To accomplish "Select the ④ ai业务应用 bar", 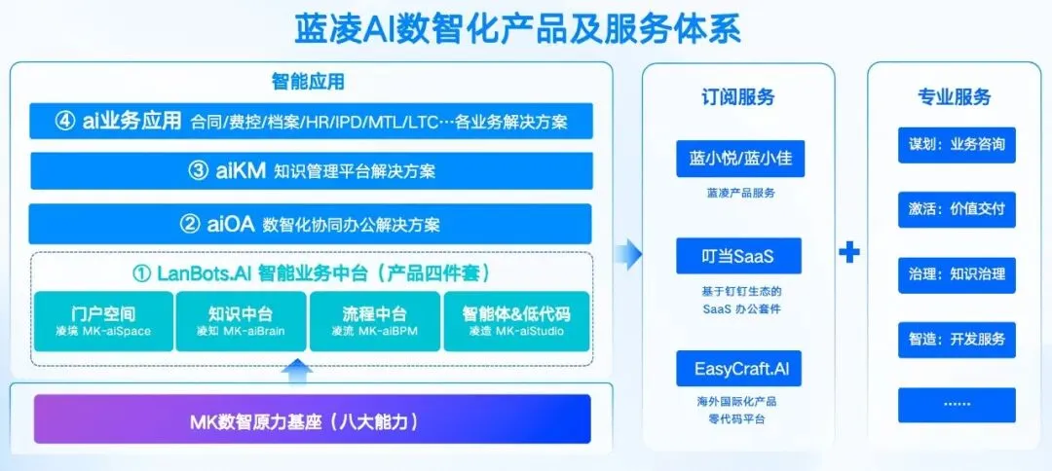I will [x=311, y=122].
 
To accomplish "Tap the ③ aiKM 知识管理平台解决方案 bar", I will [x=311, y=171].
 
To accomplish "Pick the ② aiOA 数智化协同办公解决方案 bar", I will [x=311, y=224].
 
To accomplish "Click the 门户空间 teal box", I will [x=103, y=321].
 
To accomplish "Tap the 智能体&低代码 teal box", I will [x=516, y=321].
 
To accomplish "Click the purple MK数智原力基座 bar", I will [x=313, y=420].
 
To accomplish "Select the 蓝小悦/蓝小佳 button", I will [x=739, y=160].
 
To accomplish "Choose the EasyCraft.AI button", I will [x=739, y=369].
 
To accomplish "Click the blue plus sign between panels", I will [x=850, y=253].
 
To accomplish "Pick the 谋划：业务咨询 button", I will [x=957, y=145].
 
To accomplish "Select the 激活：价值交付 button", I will [x=957, y=209].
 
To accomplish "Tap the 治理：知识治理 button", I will [x=957, y=274].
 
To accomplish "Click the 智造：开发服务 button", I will [x=957, y=340].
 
